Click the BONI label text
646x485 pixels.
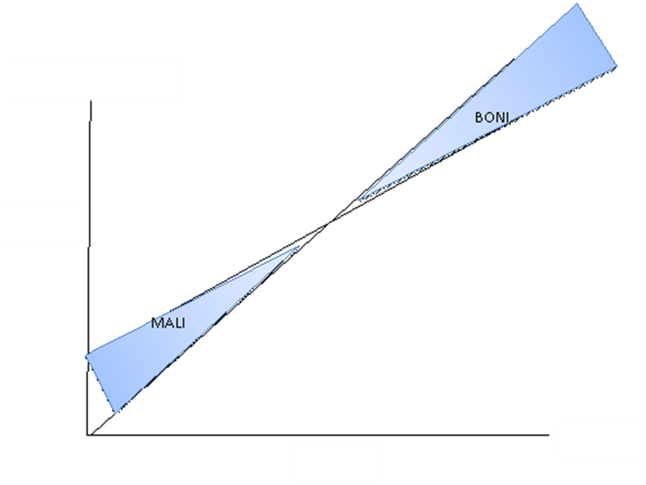(492, 118)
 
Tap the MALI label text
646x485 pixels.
(168, 323)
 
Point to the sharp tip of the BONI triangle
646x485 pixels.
(358, 200)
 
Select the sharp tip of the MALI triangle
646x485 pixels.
(300, 245)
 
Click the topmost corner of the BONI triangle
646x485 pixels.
(577, 4)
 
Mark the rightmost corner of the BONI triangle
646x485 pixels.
(616, 66)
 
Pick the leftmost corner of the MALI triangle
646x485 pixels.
(86, 355)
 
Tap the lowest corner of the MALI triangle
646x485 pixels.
(116, 413)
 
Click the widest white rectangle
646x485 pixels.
(97, 81)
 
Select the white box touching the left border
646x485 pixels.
(44, 226)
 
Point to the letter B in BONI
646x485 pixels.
(479, 118)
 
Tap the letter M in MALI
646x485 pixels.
(156, 323)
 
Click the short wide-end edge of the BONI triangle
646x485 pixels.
(597, 35)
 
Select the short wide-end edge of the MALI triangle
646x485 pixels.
(101, 384)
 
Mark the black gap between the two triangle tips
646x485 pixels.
(329, 223)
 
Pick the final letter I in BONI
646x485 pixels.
(507, 118)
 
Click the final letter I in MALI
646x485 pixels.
(183, 323)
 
